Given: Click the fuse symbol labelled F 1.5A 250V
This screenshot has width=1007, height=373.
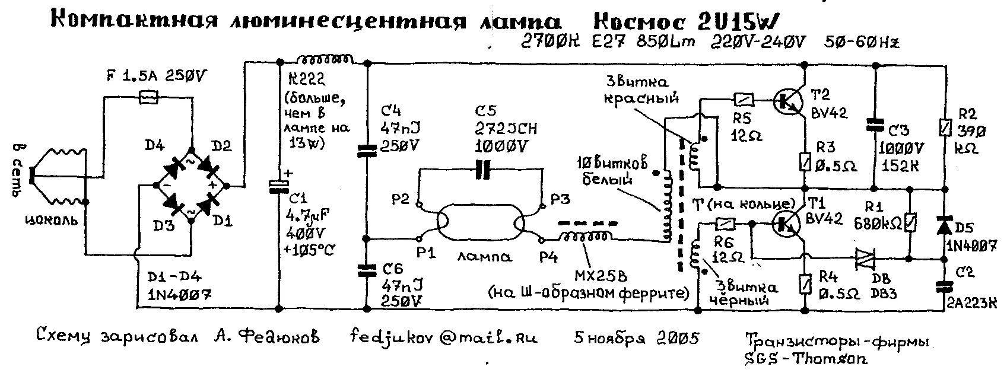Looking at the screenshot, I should click(148, 96).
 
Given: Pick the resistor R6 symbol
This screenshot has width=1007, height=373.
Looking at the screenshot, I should click(726, 224).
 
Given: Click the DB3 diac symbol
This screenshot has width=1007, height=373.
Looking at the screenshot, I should click(866, 259).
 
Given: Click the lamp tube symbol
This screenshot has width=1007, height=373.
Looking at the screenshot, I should click(481, 224).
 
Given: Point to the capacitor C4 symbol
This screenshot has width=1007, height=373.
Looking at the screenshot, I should click(367, 152).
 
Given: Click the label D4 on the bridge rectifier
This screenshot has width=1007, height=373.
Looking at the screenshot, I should click(151, 145).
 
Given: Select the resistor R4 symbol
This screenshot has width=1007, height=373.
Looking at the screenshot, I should click(805, 283).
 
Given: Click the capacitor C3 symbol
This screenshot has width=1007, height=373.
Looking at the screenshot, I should click(873, 125).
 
